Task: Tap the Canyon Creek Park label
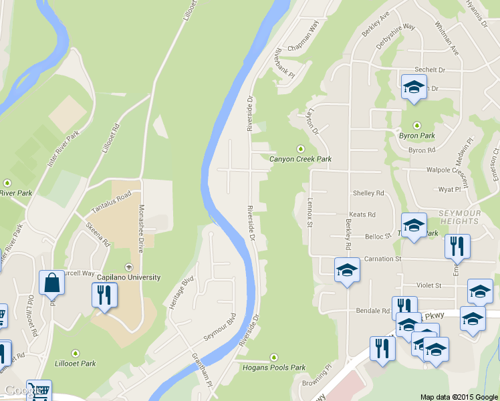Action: pos(300,159)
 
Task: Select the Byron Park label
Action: pos(418,135)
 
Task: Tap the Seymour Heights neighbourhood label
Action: pos(459,216)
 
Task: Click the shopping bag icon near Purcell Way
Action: pos(51,283)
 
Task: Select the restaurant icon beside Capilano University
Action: pos(104,295)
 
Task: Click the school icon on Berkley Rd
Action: pos(347,270)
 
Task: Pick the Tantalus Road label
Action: pos(111,200)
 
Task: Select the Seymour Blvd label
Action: pos(220,326)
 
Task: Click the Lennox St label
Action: pos(310,213)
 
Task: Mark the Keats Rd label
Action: pos(363,215)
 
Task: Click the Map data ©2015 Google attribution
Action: pos(458,396)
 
